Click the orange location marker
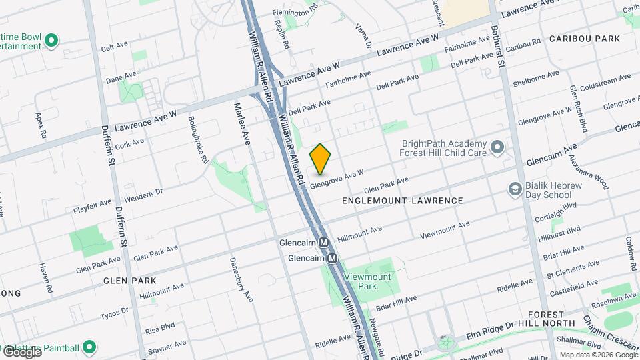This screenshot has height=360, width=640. pos(320,159)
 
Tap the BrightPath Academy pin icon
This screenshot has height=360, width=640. pos(497,147)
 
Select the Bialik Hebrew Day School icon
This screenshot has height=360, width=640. pos(514,190)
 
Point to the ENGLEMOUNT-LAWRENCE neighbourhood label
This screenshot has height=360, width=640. pos(392,200)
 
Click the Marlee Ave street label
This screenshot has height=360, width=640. pos(241,123)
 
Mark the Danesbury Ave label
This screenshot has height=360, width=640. pos(239,278)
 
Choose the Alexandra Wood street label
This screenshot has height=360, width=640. pos(588,172)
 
